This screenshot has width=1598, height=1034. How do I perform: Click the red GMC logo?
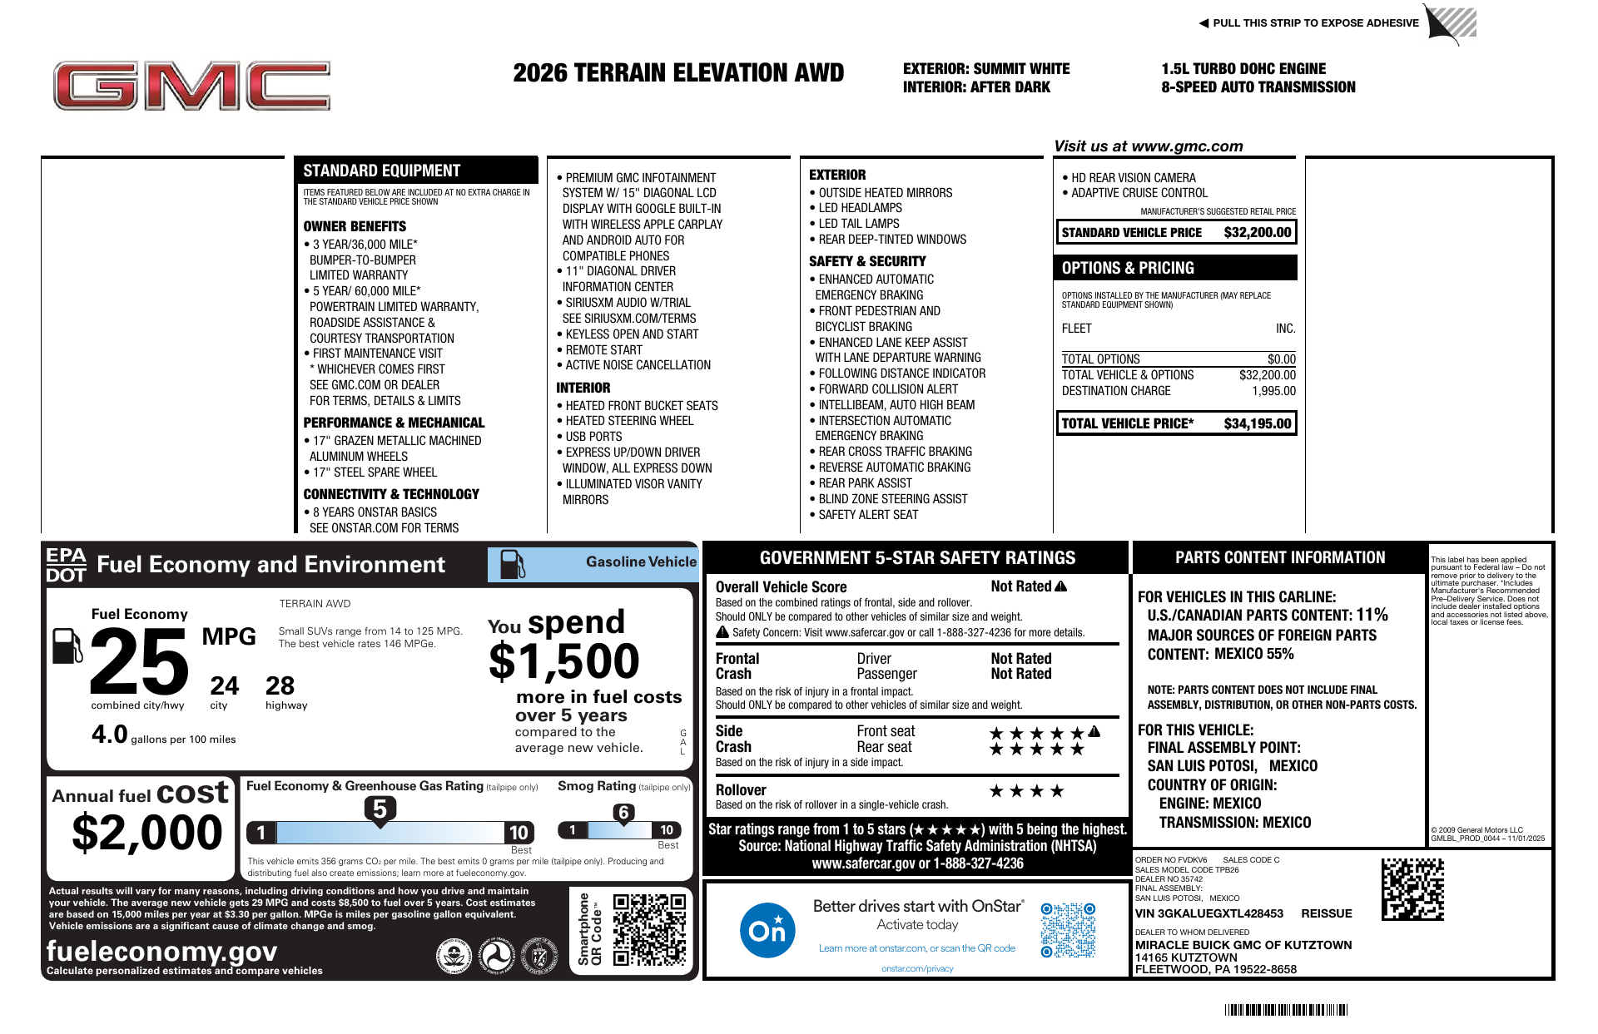pos(191,86)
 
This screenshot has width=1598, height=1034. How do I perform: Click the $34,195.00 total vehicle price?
pos(1257,423)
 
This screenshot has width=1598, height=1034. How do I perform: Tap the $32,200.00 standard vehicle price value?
pos(1257,233)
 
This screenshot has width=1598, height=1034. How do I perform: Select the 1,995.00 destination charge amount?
pos(1273,391)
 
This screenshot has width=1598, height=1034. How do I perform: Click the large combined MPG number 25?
pos(139,662)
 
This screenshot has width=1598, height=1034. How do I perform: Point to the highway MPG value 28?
pos(280,686)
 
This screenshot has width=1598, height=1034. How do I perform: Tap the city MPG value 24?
pos(224,686)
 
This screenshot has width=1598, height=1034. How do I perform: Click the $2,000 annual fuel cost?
pos(147,833)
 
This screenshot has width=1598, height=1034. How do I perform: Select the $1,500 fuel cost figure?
pos(563,662)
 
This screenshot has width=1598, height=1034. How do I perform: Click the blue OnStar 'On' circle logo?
pos(767,930)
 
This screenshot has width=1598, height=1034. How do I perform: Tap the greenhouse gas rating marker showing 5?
pos(380,809)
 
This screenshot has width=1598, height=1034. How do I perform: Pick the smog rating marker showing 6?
pos(623,813)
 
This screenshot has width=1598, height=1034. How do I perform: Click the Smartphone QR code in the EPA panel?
pos(649,929)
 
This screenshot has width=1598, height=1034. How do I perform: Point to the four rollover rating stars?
pos(1026,791)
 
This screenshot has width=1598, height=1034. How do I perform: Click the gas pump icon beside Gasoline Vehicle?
pos(512,564)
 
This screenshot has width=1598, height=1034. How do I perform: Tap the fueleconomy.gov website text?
pos(161,951)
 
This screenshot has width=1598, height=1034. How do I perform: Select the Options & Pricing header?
pos(1128,268)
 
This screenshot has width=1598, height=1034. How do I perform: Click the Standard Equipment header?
pos(381,171)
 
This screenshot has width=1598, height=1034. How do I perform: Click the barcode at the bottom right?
pos(1286,1010)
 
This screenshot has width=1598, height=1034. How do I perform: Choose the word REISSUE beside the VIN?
pos(1326,913)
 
